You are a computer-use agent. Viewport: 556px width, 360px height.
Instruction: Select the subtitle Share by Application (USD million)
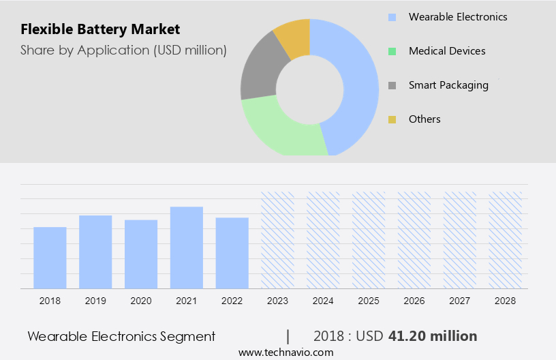pyautogui.click(x=123, y=50)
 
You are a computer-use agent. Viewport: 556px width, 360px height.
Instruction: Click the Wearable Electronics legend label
pyautogui.click(x=458, y=17)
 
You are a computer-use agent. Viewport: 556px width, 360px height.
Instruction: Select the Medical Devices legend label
pyautogui.click(x=447, y=51)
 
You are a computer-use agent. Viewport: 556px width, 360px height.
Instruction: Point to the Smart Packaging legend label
pyautogui.click(x=448, y=85)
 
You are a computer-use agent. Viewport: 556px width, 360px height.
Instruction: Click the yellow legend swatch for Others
pyautogui.click(x=392, y=119)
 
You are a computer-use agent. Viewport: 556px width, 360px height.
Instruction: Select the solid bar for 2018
pyautogui.click(x=50, y=258)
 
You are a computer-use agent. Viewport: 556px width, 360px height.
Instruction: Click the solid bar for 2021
pyautogui.click(x=187, y=247)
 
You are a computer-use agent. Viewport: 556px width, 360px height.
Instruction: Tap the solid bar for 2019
pyautogui.click(x=95, y=252)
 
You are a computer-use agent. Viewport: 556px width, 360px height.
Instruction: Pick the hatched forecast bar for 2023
pyautogui.click(x=278, y=240)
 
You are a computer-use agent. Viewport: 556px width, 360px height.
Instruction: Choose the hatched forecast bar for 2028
pyautogui.click(x=506, y=240)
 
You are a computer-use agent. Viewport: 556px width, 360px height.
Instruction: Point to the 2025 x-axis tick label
pyautogui.click(x=369, y=300)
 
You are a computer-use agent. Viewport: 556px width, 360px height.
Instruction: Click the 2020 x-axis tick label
pyautogui.click(x=141, y=300)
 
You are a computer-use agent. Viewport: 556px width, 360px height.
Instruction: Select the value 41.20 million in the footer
pyautogui.click(x=433, y=336)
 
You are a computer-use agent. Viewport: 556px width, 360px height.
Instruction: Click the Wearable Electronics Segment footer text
pyautogui.click(x=121, y=336)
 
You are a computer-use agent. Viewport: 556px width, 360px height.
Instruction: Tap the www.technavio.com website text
pyautogui.click(x=285, y=352)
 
